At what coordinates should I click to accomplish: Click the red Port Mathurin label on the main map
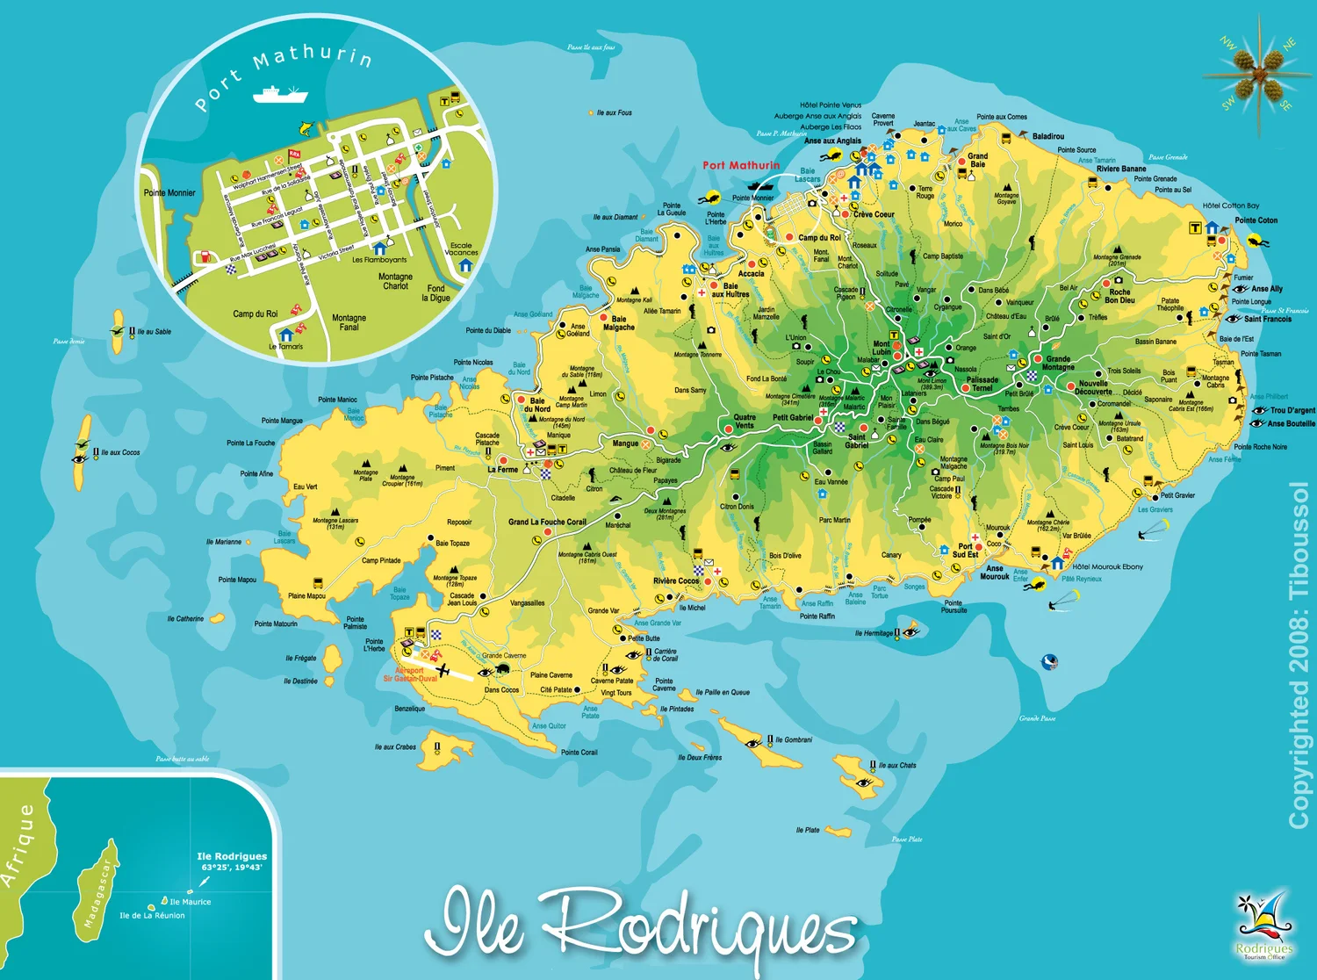741,165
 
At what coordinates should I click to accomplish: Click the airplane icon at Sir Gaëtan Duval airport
443,672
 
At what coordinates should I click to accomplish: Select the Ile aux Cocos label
120,453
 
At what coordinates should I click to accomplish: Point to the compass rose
1259,75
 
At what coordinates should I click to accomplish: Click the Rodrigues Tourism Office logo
1263,927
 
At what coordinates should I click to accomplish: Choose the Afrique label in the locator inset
19,846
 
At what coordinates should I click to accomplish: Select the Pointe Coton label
1256,220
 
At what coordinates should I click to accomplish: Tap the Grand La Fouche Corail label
547,522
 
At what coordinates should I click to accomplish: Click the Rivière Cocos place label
676,581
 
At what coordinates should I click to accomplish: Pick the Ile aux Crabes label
395,747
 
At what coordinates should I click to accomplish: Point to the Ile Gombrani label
794,740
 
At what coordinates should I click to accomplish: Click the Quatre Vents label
745,422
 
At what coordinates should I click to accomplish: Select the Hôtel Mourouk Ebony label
1107,567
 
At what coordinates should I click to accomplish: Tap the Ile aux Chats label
896,766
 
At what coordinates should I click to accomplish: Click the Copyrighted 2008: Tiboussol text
1299,654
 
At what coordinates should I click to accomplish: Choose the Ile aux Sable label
154,332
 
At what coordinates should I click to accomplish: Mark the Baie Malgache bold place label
619,323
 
